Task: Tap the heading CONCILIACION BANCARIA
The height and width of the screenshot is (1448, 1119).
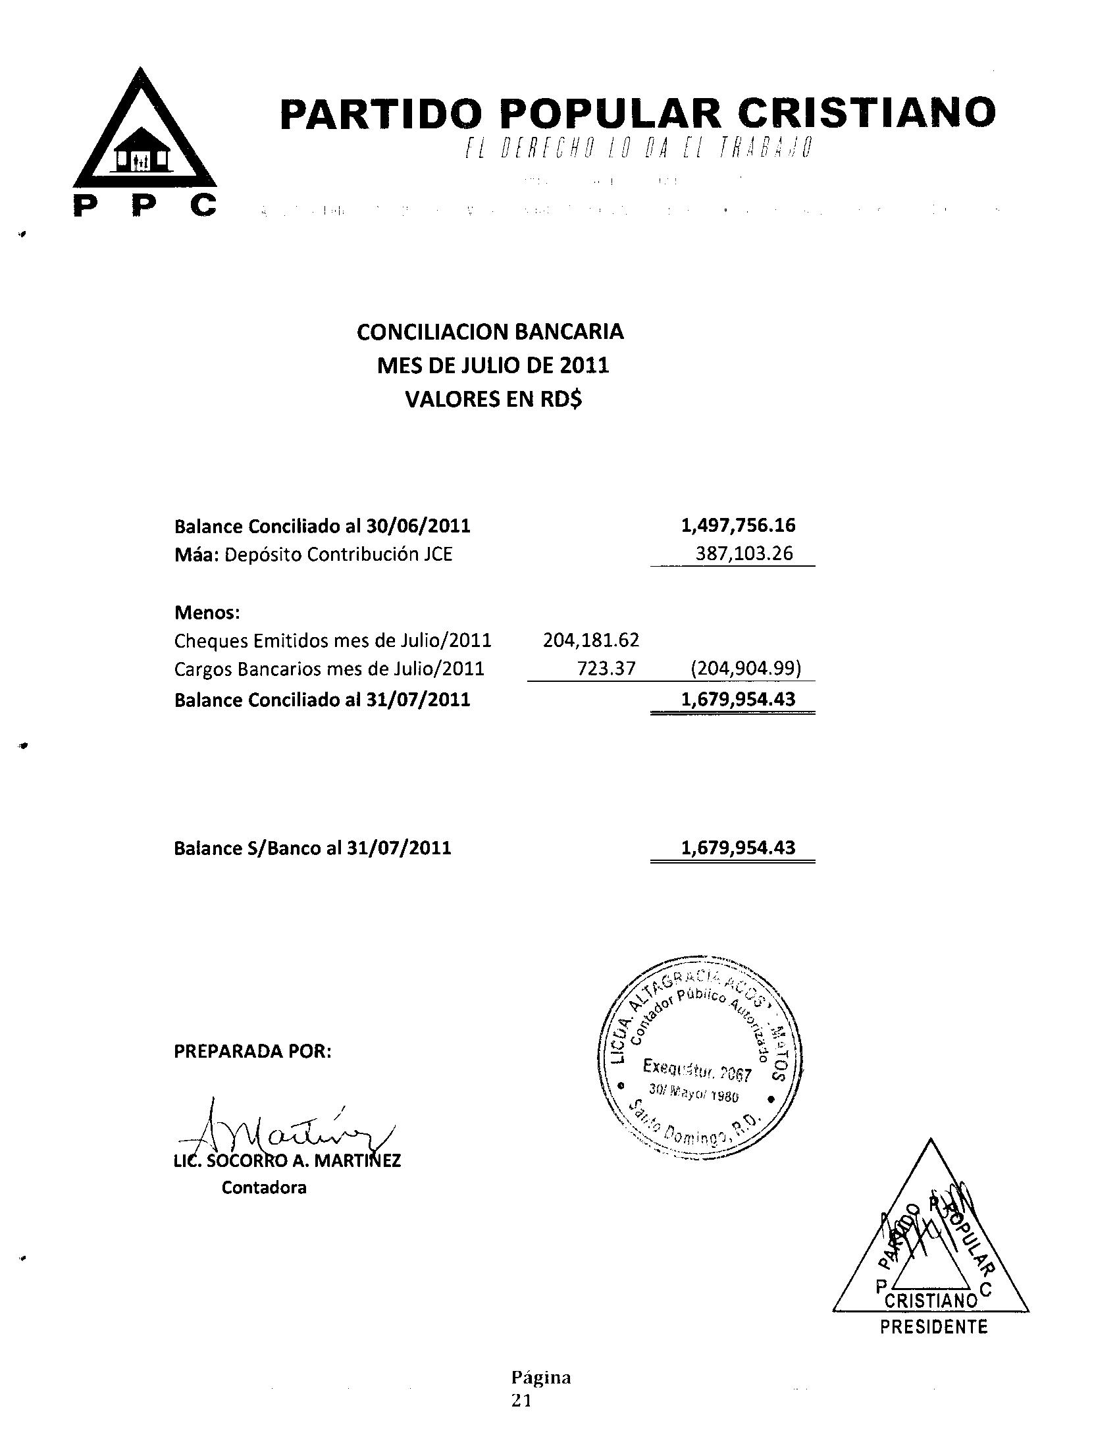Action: click(490, 332)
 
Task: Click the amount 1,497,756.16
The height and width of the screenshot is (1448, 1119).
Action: click(738, 526)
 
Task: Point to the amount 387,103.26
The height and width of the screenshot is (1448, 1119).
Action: click(744, 554)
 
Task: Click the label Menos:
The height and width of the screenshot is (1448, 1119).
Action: click(207, 612)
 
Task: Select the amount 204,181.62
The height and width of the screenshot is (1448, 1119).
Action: click(590, 640)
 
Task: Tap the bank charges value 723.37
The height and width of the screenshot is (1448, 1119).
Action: click(606, 668)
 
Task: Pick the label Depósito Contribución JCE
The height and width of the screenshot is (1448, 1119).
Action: click(338, 554)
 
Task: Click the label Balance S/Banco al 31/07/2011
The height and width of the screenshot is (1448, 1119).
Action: click(312, 848)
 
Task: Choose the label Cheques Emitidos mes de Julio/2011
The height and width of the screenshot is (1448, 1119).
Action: click(333, 640)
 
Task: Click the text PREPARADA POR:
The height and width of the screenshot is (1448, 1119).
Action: click(252, 1052)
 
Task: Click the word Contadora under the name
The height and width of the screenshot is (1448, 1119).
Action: click(264, 1187)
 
